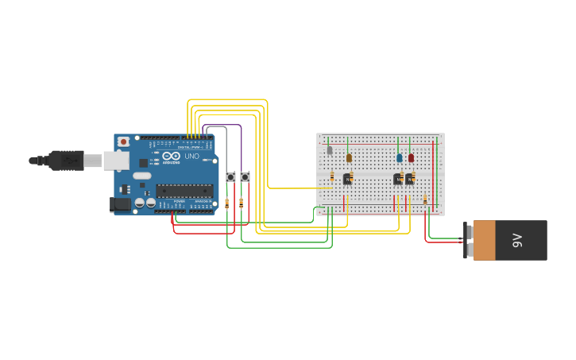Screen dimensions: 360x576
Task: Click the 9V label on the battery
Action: pyautogui.click(x=517, y=240)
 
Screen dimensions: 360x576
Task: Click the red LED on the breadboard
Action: pyautogui.click(x=411, y=157)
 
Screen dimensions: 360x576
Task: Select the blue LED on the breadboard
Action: pyautogui.click(x=400, y=157)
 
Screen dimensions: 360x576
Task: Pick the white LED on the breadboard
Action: pyautogui.click(x=330, y=149)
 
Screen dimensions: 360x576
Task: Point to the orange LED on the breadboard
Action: pyautogui.click(x=349, y=157)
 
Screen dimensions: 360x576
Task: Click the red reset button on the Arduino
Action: pyautogui.click(x=123, y=141)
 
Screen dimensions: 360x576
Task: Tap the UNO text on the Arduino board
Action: pyautogui.click(x=191, y=156)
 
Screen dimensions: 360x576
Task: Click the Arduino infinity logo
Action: pyautogui.click(x=171, y=156)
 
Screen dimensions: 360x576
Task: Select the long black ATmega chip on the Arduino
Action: pyautogui.click(x=184, y=190)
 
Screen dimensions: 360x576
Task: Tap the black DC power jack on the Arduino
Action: pyautogui.click(x=119, y=204)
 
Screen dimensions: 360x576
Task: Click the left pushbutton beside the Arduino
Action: pyautogui.click(x=231, y=176)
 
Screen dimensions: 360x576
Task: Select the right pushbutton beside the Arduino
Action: pyautogui.click(x=245, y=176)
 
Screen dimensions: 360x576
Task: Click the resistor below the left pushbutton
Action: pyautogui.click(x=227, y=203)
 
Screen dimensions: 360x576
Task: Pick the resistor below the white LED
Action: pyautogui.click(x=332, y=176)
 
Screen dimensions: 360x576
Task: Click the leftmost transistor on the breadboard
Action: pyautogui.click(x=347, y=179)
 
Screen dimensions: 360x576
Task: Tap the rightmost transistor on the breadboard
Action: pyautogui.click(x=410, y=179)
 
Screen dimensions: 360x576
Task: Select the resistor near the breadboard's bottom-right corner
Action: pyautogui.click(x=425, y=199)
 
